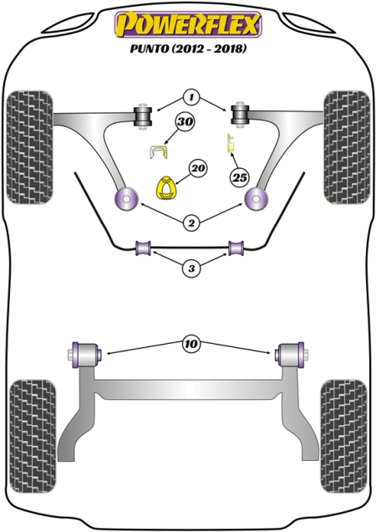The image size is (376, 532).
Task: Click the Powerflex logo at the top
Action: click(x=188, y=24)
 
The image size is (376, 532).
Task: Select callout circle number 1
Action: click(x=191, y=98)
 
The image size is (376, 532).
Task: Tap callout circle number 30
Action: click(x=184, y=124)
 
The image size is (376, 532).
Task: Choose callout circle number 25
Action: click(x=240, y=176)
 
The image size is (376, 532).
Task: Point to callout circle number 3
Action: click(x=191, y=269)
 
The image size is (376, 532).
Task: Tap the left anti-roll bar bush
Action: click(x=142, y=248)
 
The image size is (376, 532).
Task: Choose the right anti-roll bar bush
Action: click(x=237, y=248)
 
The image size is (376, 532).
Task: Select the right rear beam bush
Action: click(x=289, y=352)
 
